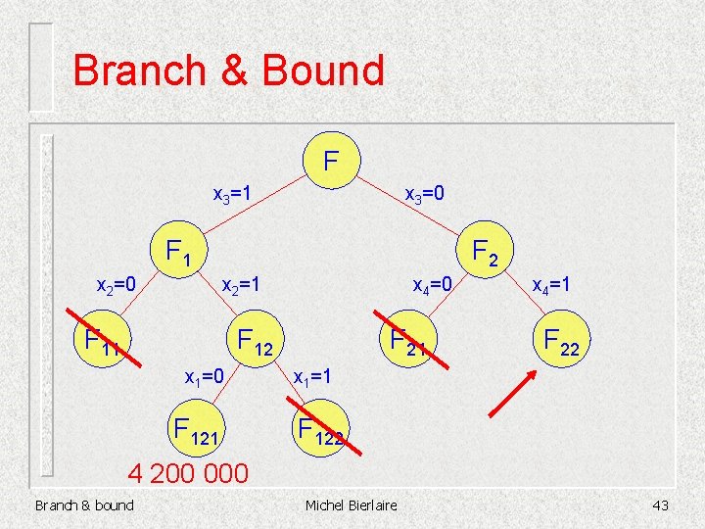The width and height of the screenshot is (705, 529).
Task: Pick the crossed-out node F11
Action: point(102,339)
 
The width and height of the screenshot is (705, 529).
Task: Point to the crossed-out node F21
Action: point(409,339)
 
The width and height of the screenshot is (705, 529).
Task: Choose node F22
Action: point(561,340)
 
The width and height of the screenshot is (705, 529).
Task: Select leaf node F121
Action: point(199,428)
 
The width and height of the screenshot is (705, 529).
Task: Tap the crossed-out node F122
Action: point(321,428)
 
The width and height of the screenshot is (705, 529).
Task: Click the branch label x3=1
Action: point(233,194)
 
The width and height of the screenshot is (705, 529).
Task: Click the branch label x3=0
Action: point(426,194)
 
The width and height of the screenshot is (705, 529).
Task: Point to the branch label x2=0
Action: point(115,286)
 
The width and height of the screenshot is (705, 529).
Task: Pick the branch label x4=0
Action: point(432,286)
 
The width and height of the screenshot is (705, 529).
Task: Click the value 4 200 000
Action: point(190,474)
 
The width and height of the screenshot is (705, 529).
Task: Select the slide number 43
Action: point(659,505)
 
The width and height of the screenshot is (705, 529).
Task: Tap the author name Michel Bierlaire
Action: point(352,505)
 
